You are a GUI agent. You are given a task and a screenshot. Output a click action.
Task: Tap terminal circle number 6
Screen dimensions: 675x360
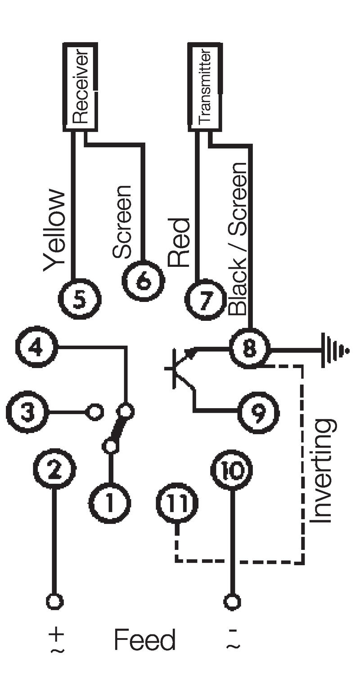[x=144, y=282]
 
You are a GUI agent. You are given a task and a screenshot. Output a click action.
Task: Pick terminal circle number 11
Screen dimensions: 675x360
[x=177, y=503]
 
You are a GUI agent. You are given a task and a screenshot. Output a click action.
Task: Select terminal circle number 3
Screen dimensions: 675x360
[x=27, y=412]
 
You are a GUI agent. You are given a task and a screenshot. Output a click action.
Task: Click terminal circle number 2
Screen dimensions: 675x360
[x=54, y=471]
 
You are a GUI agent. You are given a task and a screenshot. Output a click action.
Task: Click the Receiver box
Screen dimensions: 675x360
[x=80, y=87]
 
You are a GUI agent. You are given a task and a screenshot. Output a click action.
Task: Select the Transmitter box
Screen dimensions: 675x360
[x=205, y=87]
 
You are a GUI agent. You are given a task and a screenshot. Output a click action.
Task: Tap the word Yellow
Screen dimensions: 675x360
[x=55, y=229]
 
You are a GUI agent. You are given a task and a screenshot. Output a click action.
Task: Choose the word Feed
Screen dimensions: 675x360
[x=144, y=639]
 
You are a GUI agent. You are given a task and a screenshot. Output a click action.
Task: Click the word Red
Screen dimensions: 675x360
[x=179, y=243]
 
